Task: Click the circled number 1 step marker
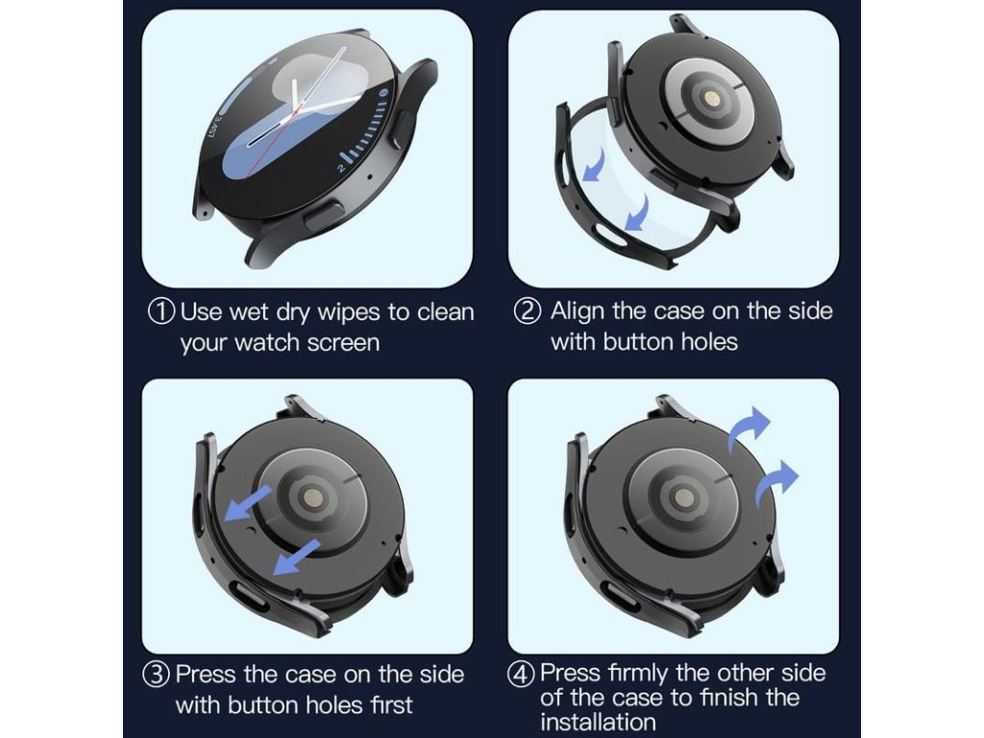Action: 161,311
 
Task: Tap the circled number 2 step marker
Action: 528,310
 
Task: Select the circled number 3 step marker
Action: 157,675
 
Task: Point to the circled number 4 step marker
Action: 521,674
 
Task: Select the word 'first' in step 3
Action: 391,704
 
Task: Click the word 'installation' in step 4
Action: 598,722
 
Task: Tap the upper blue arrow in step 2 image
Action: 594,164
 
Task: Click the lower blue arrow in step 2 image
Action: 636,212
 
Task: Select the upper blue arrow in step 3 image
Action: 248,502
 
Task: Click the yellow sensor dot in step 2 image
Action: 712,99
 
